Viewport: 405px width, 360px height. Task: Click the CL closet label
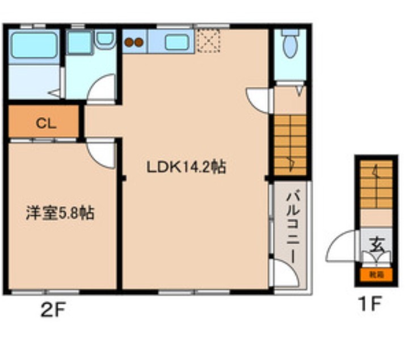[45, 123]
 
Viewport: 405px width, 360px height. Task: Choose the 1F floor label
[368, 305]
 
